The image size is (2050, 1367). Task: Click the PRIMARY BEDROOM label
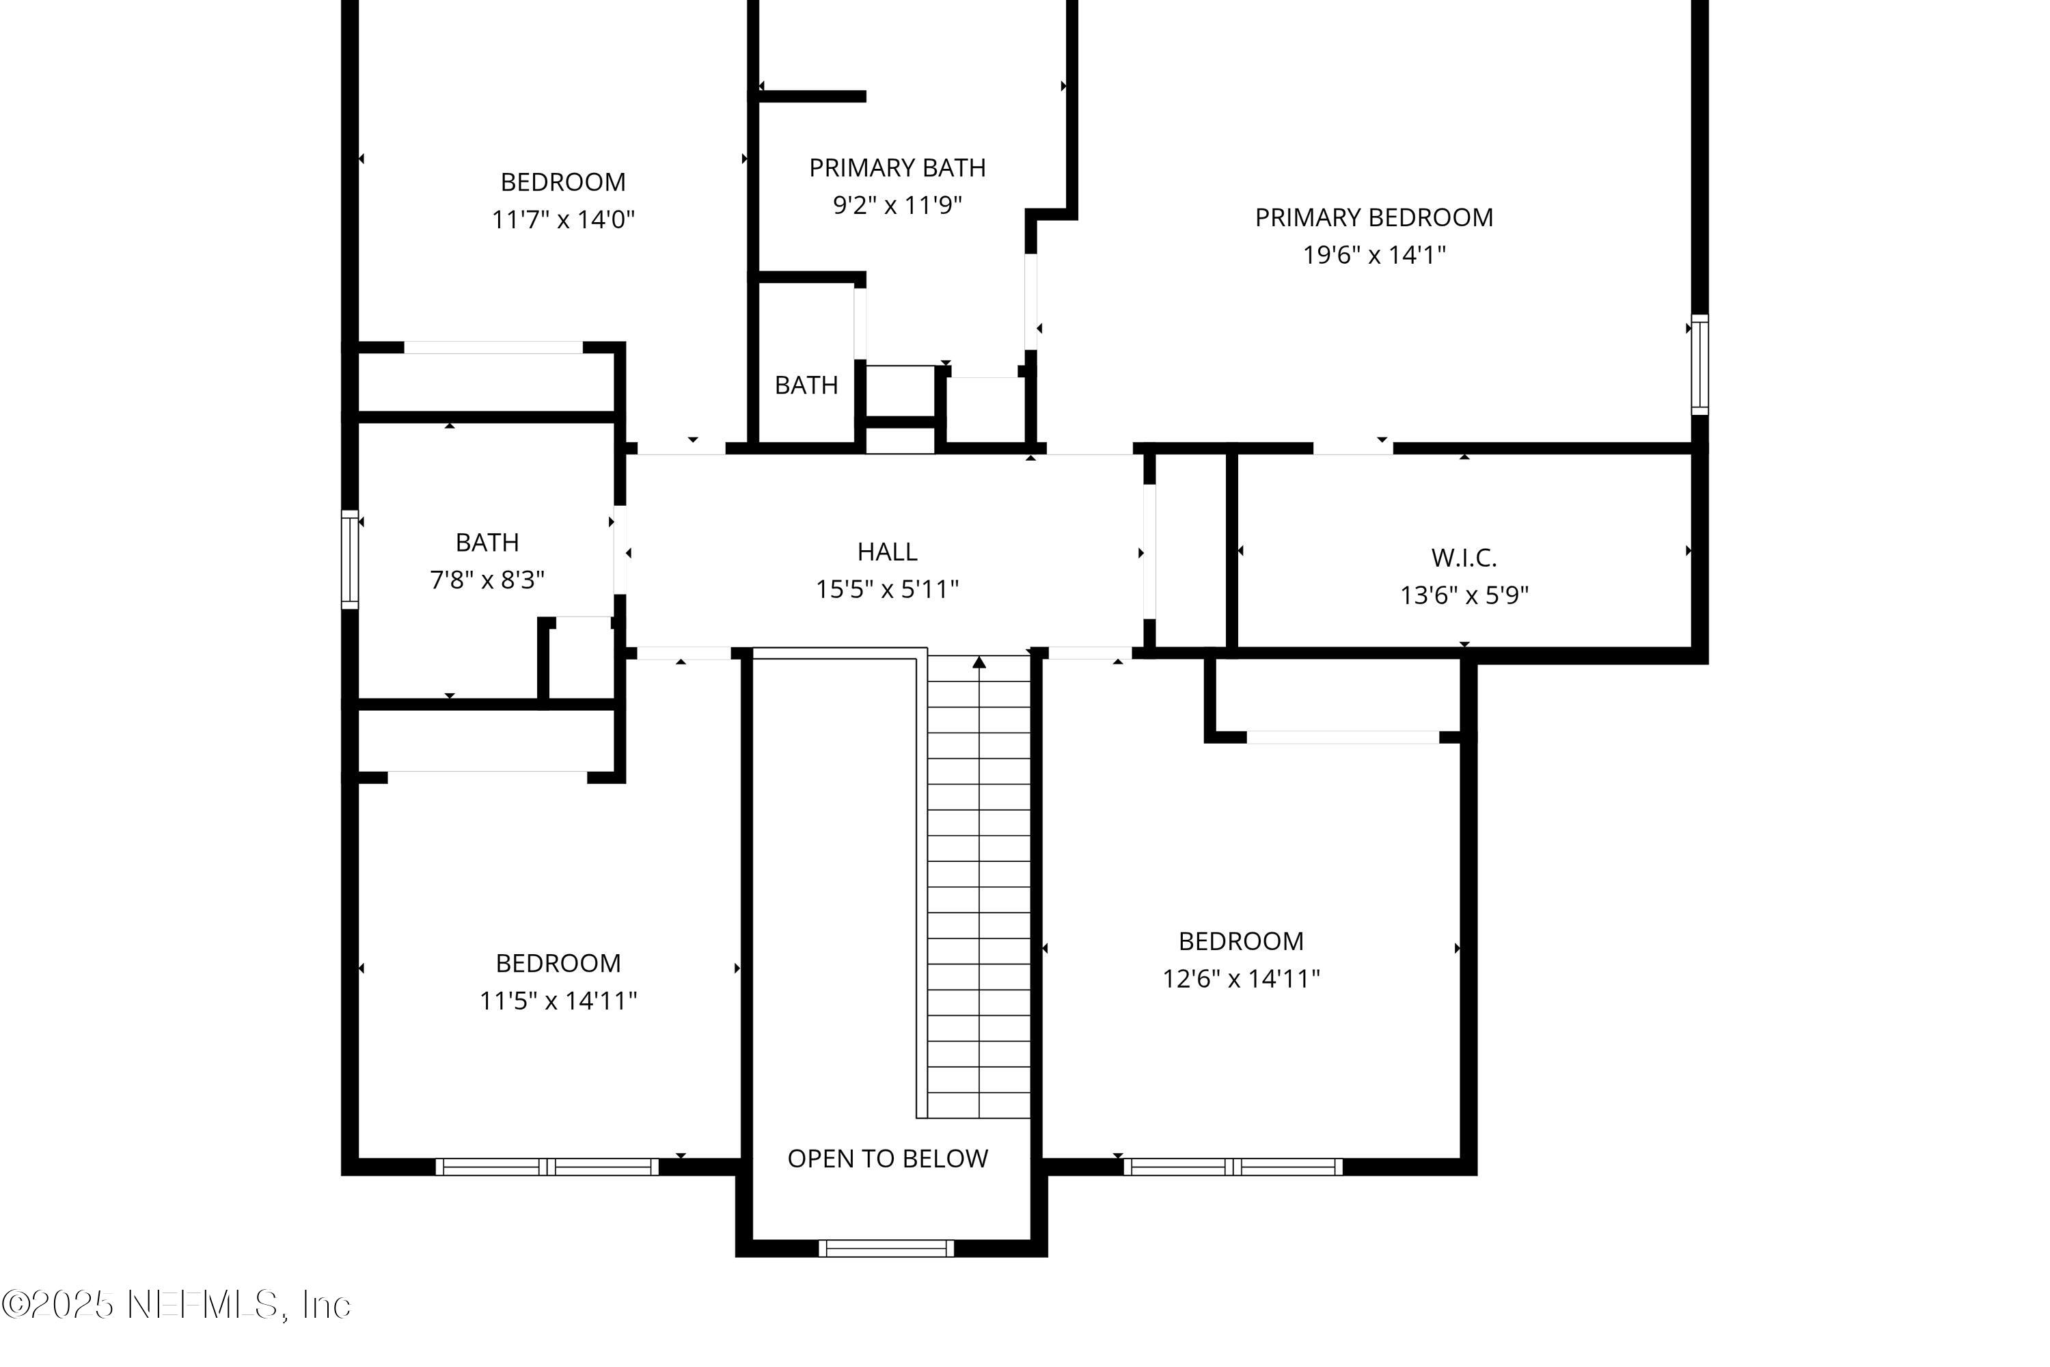click(x=1373, y=217)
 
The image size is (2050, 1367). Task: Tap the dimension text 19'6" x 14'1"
click(x=1373, y=254)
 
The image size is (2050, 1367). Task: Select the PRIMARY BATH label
click(x=897, y=167)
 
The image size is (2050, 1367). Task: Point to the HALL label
click(x=886, y=552)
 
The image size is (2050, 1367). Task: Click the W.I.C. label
click(x=1464, y=557)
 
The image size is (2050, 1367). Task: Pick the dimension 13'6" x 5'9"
click(x=1464, y=595)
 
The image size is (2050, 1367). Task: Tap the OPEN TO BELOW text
click(x=887, y=1159)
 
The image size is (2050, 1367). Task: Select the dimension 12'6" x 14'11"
click(x=1240, y=978)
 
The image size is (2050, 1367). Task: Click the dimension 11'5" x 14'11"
click(x=558, y=1000)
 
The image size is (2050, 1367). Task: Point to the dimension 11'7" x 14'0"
click(x=562, y=219)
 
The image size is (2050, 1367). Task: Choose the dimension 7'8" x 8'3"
click(x=487, y=580)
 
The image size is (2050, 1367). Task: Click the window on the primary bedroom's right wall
click(x=1699, y=364)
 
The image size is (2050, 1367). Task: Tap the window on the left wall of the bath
click(x=349, y=559)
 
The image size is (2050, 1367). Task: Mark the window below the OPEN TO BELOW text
click(x=886, y=1249)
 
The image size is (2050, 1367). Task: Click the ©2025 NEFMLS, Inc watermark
click(x=176, y=1305)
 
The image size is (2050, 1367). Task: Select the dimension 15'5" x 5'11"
click(x=886, y=589)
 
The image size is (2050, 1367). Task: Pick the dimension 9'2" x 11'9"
click(x=897, y=205)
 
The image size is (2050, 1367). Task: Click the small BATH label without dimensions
click(x=806, y=384)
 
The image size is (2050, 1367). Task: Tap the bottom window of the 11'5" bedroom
click(x=547, y=1167)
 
